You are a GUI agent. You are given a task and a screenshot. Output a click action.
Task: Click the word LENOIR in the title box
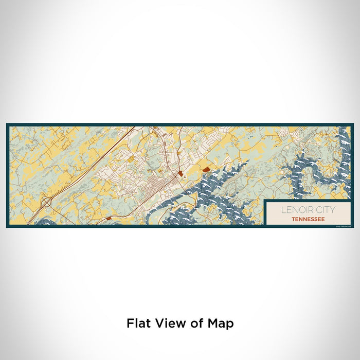pyautogui.click(x=294, y=210)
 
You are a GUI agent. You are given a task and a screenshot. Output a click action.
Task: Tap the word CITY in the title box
pyautogui.click(x=321, y=210)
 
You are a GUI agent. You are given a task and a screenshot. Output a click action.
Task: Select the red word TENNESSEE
pyautogui.click(x=308, y=219)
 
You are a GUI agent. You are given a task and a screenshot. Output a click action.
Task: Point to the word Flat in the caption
pyautogui.click(x=138, y=323)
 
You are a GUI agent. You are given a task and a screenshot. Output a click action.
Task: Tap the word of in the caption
pyautogui.click(x=194, y=323)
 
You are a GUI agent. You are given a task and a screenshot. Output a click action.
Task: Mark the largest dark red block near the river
pyautogui.click(x=206, y=169)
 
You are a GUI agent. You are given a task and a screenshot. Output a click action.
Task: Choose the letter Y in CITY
pyautogui.click(x=332, y=210)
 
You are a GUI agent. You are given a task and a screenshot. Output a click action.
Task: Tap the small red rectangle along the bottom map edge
pyautogui.click(x=108, y=218)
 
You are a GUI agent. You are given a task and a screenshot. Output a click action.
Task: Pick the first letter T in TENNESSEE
pyautogui.click(x=292, y=219)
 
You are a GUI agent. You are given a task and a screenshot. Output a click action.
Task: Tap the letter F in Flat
pyautogui.click(x=130, y=323)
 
